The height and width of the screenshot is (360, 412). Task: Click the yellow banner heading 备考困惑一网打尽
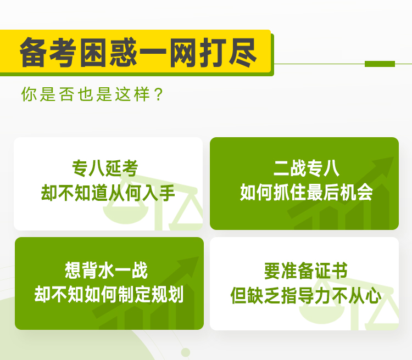[138, 52]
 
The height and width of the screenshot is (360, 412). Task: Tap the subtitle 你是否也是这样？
[92, 94]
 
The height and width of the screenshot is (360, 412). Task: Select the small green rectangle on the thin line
[380, 64]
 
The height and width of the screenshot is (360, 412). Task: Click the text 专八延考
[105, 168]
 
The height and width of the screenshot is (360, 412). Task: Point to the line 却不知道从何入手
[108, 193]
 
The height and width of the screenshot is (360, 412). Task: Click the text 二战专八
[307, 168]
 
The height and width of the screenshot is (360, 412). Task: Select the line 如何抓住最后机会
[307, 193]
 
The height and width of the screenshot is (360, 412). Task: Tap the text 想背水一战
[106, 270]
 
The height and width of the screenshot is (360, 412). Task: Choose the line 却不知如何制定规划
[109, 294]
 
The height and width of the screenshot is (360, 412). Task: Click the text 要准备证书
[306, 271]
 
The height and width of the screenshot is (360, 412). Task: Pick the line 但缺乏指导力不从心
[306, 296]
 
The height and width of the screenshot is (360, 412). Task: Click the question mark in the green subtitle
[159, 94]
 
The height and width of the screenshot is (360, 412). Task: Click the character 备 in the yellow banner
[33, 52]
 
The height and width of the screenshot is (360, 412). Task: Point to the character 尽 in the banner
[243, 53]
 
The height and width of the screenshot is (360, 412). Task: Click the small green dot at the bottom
[186, 352]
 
